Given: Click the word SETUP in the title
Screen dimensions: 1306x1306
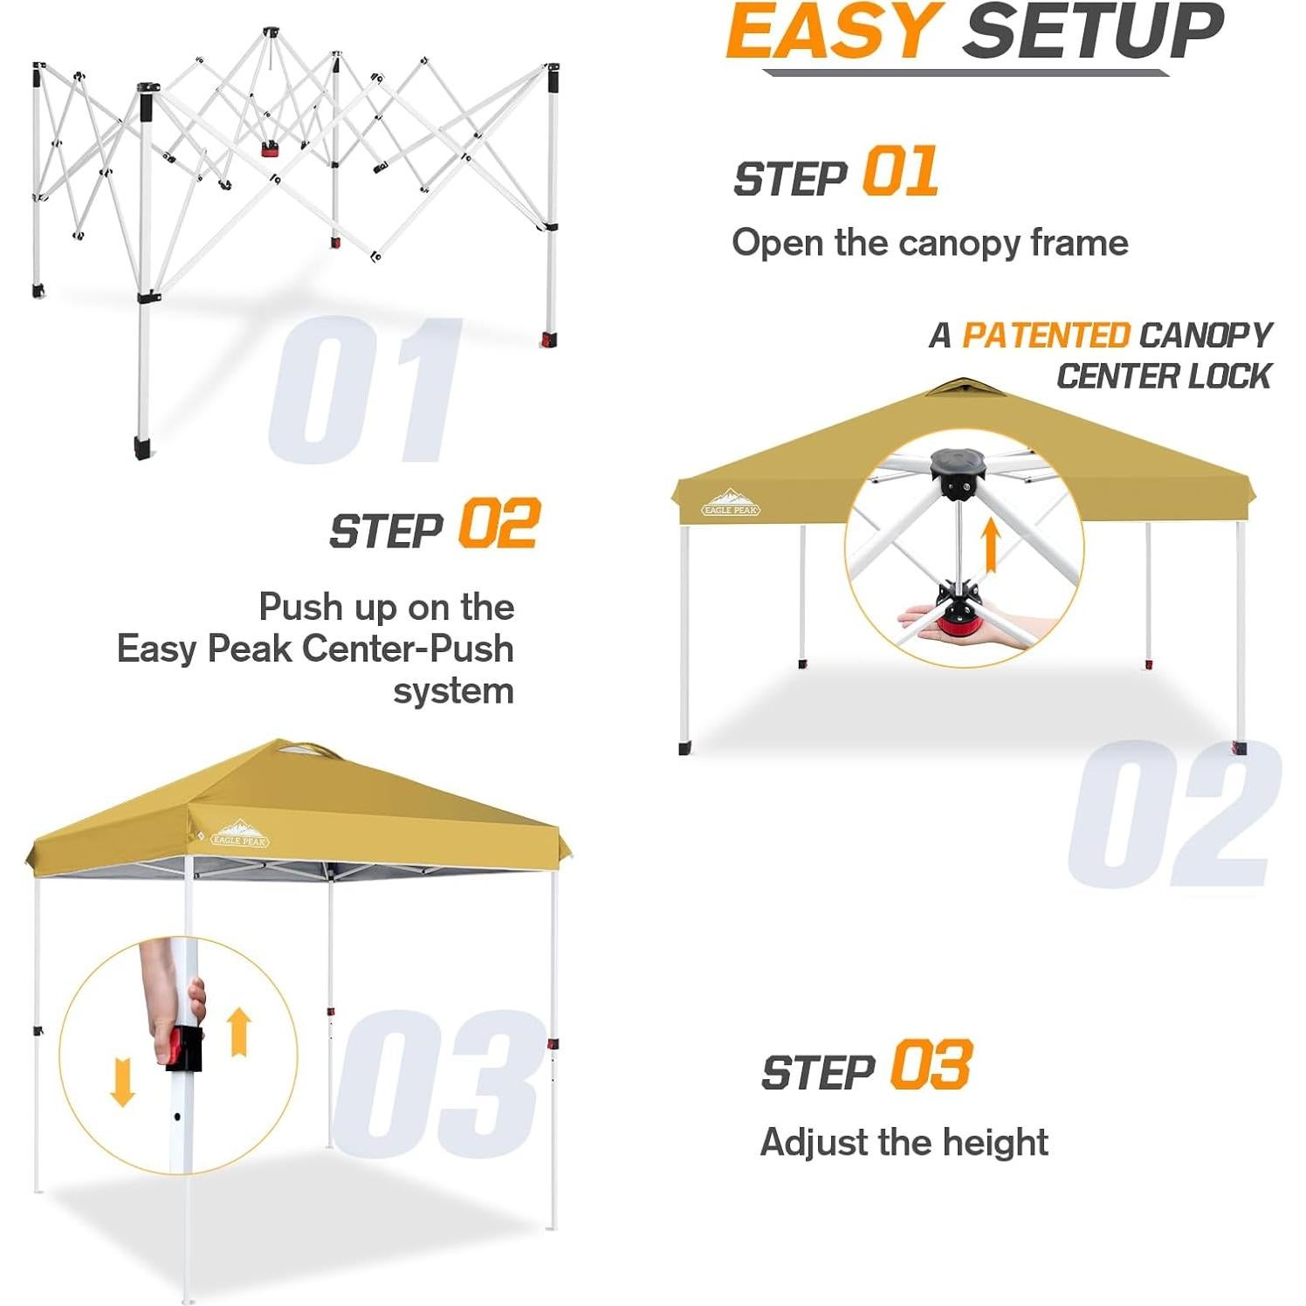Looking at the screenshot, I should pyautogui.click(x=1093, y=31).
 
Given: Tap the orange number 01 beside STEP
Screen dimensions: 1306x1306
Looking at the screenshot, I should pyautogui.click(x=900, y=172).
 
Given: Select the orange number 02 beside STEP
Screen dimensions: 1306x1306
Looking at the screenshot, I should pyautogui.click(x=499, y=524).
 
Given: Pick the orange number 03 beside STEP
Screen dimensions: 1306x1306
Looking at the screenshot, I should pyautogui.click(x=931, y=1066).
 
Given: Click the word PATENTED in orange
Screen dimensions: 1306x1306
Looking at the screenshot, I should pyautogui.click(x=1045, y=335).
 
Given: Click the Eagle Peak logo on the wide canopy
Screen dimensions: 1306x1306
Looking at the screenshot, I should pyautogui.click(x=731, y=504).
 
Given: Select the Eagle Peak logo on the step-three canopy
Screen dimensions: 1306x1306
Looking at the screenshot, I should pyautogui.click(x=239, y=835).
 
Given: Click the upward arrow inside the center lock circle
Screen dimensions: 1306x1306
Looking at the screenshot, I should pyautogui.click(x=990, y=544).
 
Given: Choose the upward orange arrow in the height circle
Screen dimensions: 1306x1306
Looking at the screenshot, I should pyautogui.click(x=239, y=1031).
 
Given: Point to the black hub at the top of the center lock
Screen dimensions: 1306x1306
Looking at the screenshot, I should pyautogui.click(x=957, y=471).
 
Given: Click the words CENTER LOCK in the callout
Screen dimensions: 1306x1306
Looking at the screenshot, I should pyautogui.click(x=1163, y=376).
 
